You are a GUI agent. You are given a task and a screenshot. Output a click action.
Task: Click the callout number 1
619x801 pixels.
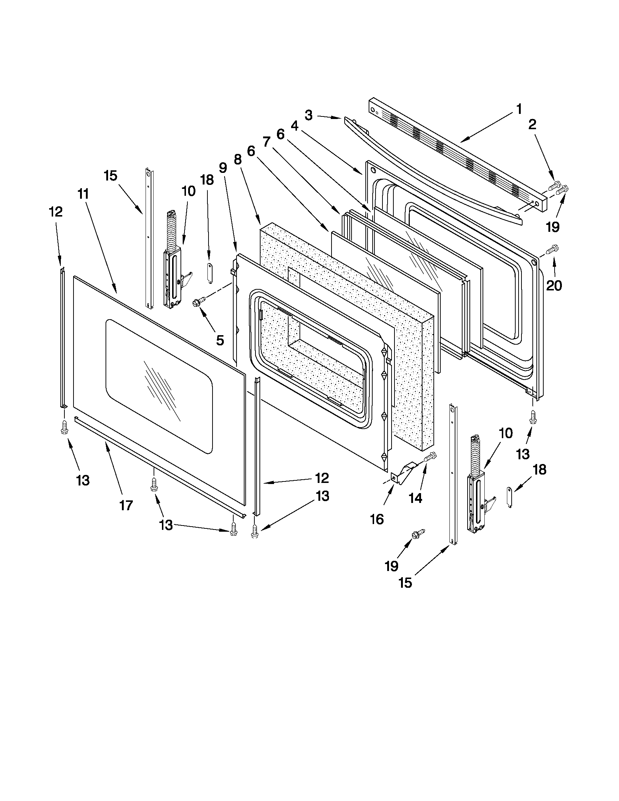tap(519, 109)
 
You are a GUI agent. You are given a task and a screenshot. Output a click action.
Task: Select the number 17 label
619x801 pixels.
tap(126, 505)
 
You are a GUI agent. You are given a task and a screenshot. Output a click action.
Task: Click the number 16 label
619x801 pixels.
tap(377, 519)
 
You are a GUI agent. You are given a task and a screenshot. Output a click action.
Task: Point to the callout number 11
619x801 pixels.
tap(83, 194)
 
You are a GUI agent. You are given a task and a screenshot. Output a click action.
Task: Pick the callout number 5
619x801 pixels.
tap(220, 340)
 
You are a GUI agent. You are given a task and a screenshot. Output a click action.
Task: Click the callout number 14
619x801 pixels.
tap(416, 498)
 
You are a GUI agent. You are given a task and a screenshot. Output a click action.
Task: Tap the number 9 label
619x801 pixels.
tap(223, 168)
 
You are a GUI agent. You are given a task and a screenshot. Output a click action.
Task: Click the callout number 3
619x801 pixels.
tap(308, 115)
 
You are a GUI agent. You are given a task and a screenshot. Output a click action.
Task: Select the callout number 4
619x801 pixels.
tap(294, 126)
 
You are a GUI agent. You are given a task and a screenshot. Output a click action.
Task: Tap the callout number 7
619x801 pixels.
tap(266, 141)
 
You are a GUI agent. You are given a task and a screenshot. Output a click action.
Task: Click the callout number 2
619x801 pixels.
tap(532, 125)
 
